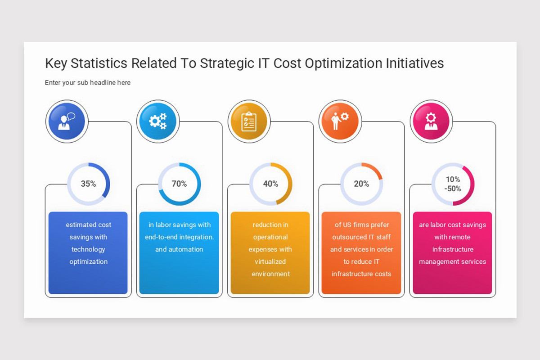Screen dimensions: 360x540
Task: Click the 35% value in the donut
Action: (x=88, y=184)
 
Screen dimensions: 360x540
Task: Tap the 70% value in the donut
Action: (x=179, y=184)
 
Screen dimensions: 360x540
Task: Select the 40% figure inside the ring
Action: (x=270, y=184)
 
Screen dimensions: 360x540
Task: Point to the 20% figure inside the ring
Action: (x=361, y=184)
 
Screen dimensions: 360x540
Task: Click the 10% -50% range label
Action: (x=453, y=184)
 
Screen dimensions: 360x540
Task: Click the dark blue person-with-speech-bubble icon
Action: (x=67, y=121)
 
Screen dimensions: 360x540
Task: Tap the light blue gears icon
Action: (x=157, y=121)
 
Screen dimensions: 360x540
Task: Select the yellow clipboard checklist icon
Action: (x=248, y=121)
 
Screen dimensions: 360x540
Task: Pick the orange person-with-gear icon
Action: (x=339, y=121)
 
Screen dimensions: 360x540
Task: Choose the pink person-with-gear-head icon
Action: (x=431, y=121)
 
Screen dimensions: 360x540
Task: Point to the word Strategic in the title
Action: (x=228, y=63)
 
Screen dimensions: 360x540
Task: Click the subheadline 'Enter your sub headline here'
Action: (x=88, y=83)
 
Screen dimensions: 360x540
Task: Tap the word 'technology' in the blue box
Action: (x=88, y=249)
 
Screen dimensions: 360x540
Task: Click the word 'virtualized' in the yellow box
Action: (x=270, y=261)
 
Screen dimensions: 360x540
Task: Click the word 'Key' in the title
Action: (x=56, y=63)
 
